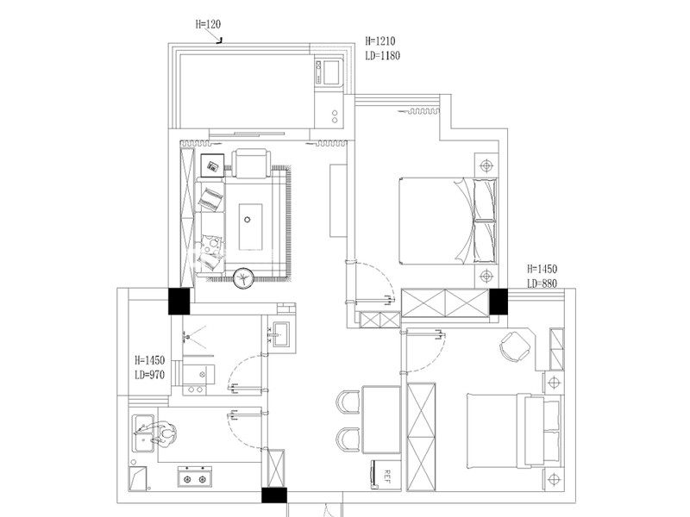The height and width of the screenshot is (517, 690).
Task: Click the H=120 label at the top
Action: tap(208, 24)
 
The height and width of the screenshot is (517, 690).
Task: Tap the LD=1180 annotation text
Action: tap(382, 55)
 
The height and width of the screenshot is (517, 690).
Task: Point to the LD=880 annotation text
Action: tap(543, 283)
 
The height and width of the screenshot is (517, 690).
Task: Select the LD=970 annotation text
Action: tap(149, 375)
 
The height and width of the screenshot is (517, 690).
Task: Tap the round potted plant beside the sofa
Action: tap(243, 278)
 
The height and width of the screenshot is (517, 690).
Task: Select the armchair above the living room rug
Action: tap(251, 164)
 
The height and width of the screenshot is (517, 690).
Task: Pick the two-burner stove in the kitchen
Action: tap(195, 477)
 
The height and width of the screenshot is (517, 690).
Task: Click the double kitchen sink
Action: tap(143, 433)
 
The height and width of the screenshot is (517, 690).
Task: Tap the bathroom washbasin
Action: tap(280, 334)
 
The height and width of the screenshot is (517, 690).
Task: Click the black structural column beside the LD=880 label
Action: tap(499, 302)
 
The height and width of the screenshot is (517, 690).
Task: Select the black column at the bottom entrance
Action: tap(274, 495)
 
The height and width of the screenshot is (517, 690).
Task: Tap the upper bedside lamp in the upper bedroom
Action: tap(486, 165)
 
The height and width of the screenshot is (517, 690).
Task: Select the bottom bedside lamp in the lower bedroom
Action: tap(554, 479)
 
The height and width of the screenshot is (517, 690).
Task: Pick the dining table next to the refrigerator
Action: tap(381, 420)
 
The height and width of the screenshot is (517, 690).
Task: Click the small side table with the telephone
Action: tap(212, 165)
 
